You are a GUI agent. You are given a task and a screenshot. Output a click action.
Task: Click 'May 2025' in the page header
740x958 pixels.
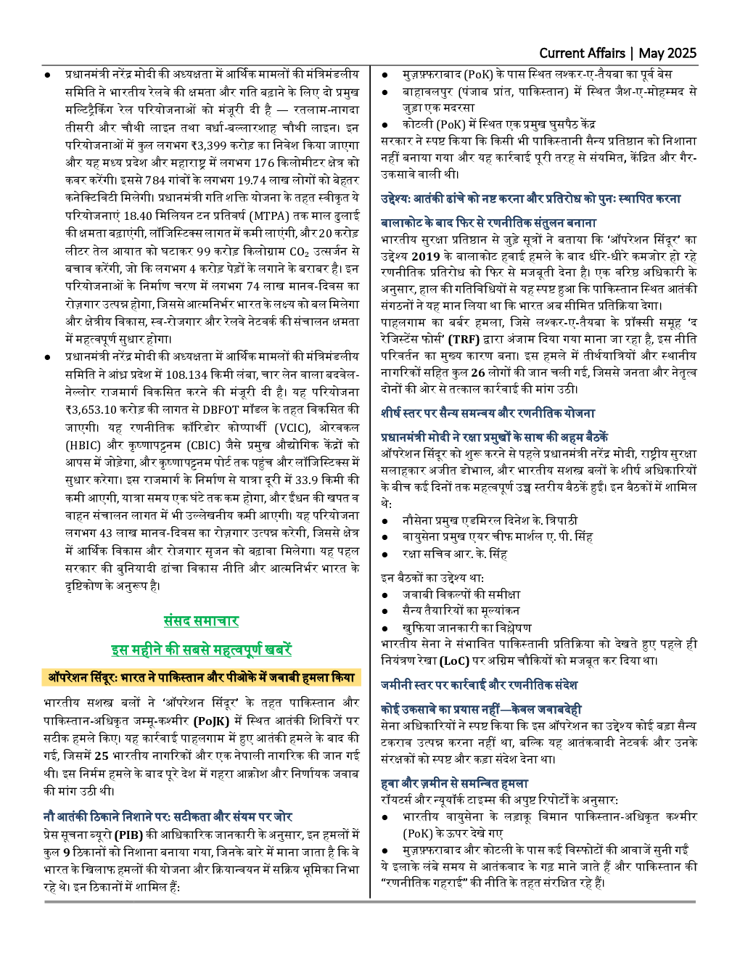tap(667, 53)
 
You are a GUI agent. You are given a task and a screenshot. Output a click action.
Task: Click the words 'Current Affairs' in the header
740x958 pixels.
tap(582, 53)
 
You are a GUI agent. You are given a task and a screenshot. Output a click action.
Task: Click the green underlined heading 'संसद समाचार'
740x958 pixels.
tap(201, 621)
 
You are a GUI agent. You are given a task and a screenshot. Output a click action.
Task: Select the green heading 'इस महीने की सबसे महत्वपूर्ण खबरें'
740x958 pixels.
tap(201, 650)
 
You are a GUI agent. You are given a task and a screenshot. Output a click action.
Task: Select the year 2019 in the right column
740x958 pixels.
tap(426, 256)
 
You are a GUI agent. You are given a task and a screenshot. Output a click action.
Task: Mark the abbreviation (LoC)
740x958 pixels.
tap(459, 661)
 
